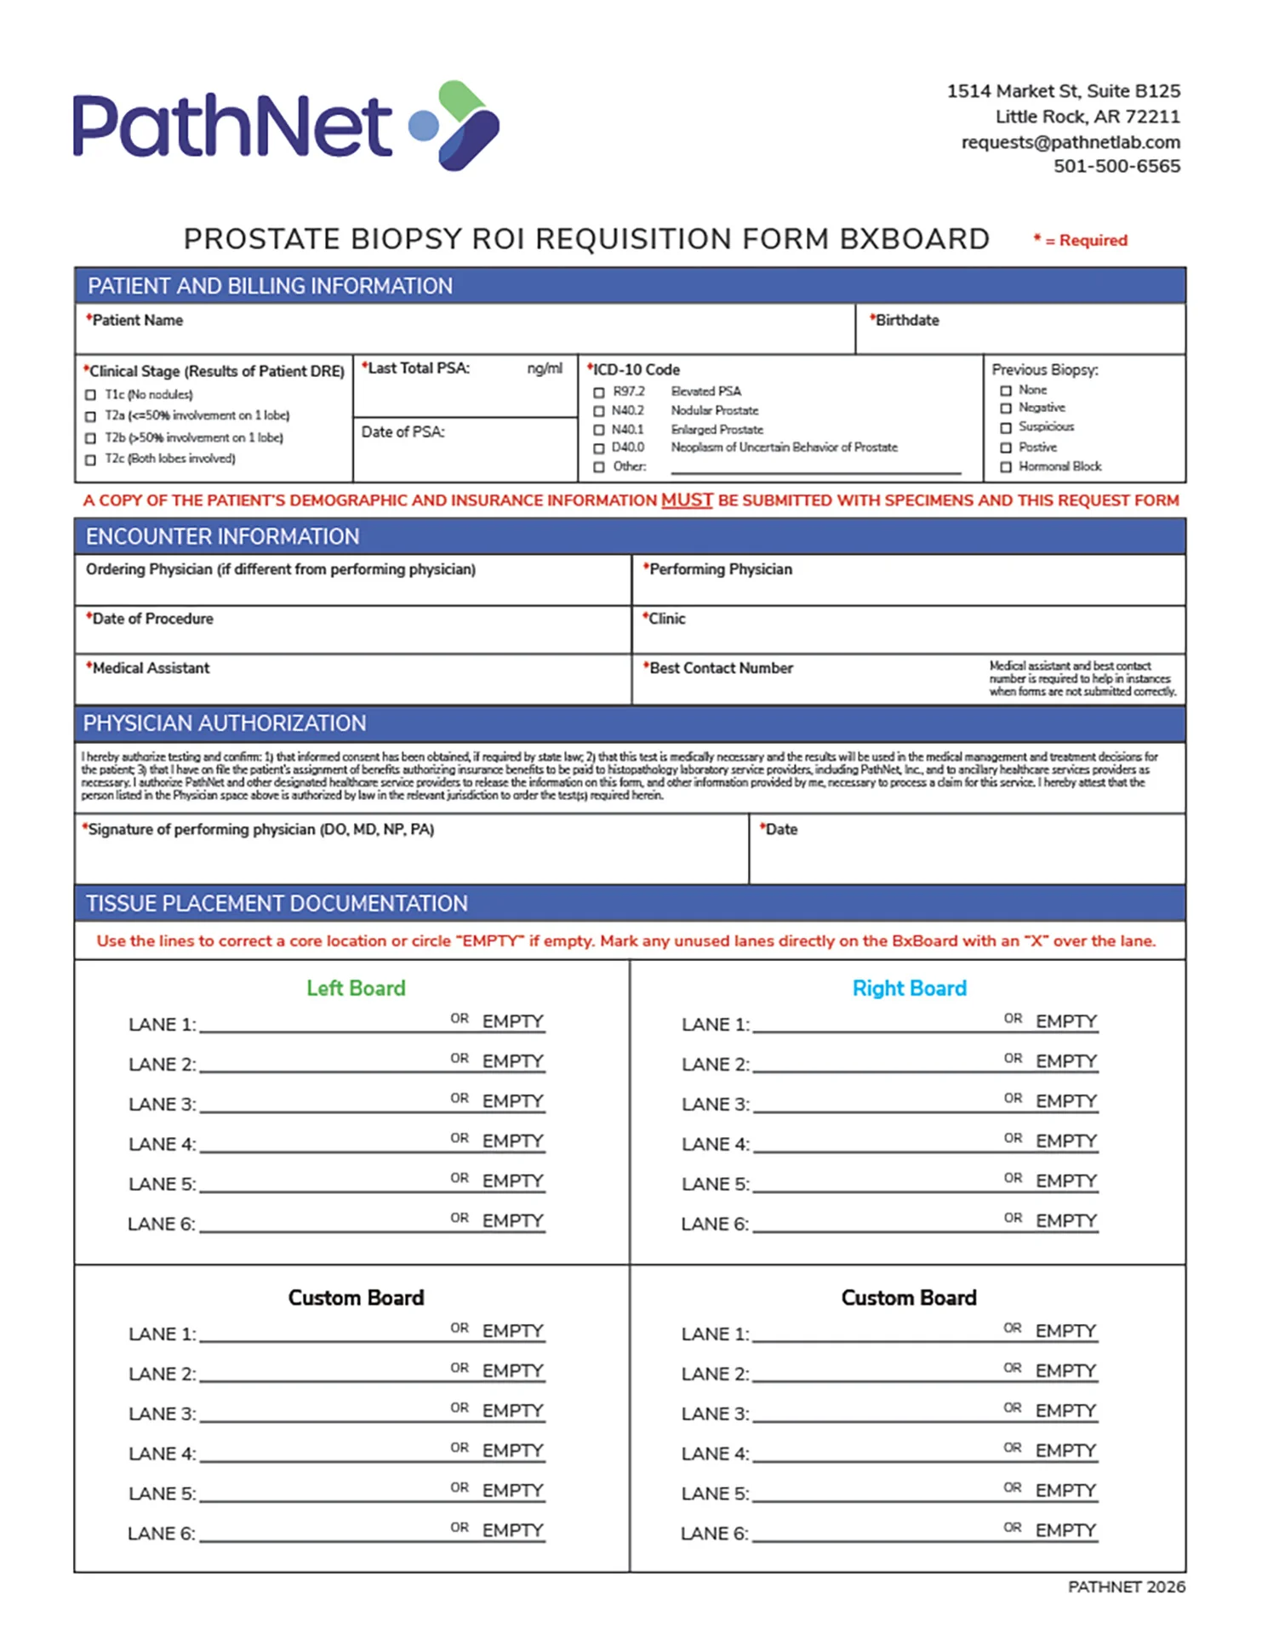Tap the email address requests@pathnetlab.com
pyautogui.click(x=1071, y=142)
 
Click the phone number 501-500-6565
pyautogui.click(x=1116, y=167)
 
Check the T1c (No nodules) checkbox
pyautogui.click(x=91, y=395)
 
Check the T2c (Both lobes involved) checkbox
pyautogui.click(x=91, y=460)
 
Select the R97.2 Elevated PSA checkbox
pyautogui.click(x=599, y=392)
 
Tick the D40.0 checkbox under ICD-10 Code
pyautogui.click(x=599, y=448)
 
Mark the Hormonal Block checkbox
pyautogui.click(x=1006, y=467)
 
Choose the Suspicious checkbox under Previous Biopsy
pyautogui.click(x=1006, y=427)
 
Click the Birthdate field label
pyautogui.click(x=907, y=321)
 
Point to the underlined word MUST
pyautogui.click(x=687, y=500)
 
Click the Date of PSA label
pyautogui.click(x=403, y=432)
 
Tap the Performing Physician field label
pyautogui.click(x=720, y=569)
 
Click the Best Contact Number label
pyautogui.click(x=721, y=669)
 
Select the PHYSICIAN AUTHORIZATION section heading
pyautogui.click(x=225, y=723)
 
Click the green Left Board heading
pyautogui.click(x=356, y=988)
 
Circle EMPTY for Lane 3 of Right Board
pyautogui.click(x=1066, y=1101)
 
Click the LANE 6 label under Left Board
pyautogui.click(x=161, y=1225)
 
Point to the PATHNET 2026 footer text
pyautogui.click(x=1126, y=1587)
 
